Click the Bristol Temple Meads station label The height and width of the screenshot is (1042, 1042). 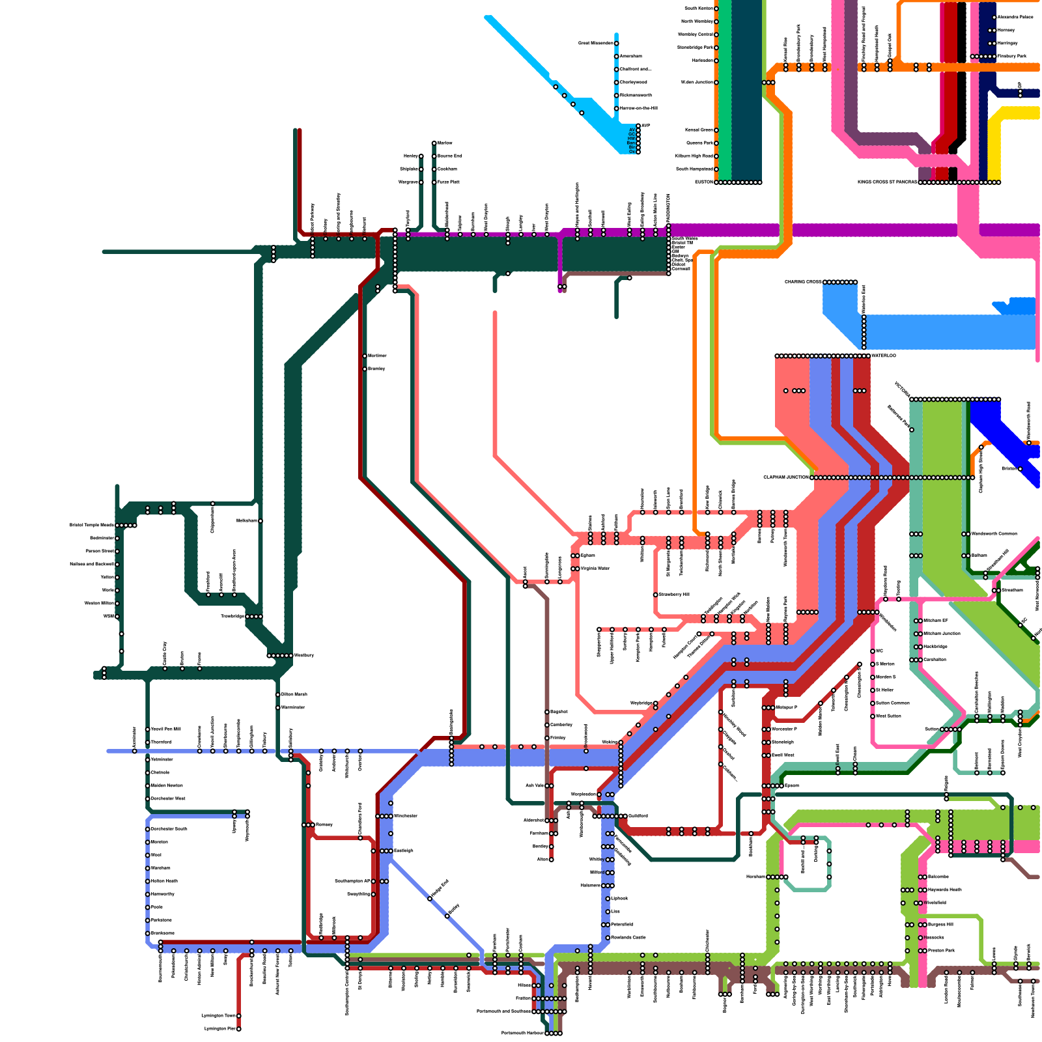pyautogui.click(x=92, y=525)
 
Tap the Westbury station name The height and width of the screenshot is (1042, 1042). pyautogui.click(x=304, y=655)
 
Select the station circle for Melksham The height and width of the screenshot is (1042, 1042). pyautogui.click(x=260, y=521)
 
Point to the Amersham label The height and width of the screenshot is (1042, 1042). pyautogui.click(x=631, y=57)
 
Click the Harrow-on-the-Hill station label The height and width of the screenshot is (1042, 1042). pyautogui.click(x=639, y=108)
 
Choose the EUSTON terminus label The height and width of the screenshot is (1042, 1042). pyautogui.click(x=704, y=182)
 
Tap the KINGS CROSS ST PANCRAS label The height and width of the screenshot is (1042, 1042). pyautogui.click(x=887, y=182)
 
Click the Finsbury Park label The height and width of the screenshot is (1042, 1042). pyautogui.click(x=1011, y=57)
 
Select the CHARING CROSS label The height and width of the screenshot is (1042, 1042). pyautogui.click(x=803, y=282)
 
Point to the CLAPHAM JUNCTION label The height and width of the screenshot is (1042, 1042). pyautogui.click(x=786, y=477)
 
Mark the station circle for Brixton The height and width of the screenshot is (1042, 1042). pyautogui.click(x=1021, y=469)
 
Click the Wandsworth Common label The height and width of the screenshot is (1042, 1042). pyautogui.click(x=994, y=534)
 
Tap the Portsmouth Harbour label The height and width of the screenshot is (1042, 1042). pyautogui.click(x=522, y=1033)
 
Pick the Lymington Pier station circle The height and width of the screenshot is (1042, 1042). pyautogui.click(x=239, y=1029)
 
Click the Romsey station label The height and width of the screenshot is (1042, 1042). pyautogui.click(x=324, y=825)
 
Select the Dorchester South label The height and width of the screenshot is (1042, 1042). pyautogui.click(x=169, y=829)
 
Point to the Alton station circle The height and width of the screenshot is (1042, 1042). pyautogui.click(x=552, y=860)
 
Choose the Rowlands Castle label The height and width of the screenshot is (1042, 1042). pyautogui.click(x=628, y=938)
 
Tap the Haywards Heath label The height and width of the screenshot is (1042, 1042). pyautogui.click(x=944, y=890)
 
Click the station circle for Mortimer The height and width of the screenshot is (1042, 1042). pyautogui.click(x=365, y=356)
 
